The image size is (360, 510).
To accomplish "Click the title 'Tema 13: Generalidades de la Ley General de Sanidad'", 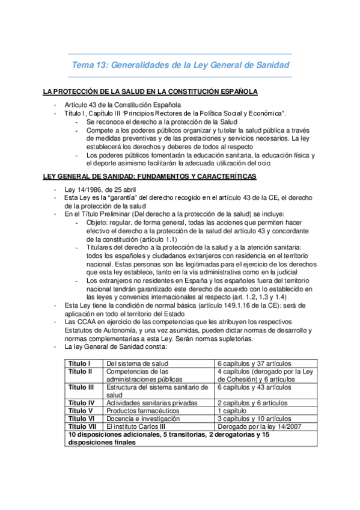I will coord(180,65).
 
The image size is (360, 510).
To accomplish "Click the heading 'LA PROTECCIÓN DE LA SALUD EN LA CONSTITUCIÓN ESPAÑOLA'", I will coord(150,92).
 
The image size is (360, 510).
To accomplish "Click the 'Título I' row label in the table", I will coord(79,363).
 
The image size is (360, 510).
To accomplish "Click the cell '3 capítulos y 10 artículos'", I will coord(255,418).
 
